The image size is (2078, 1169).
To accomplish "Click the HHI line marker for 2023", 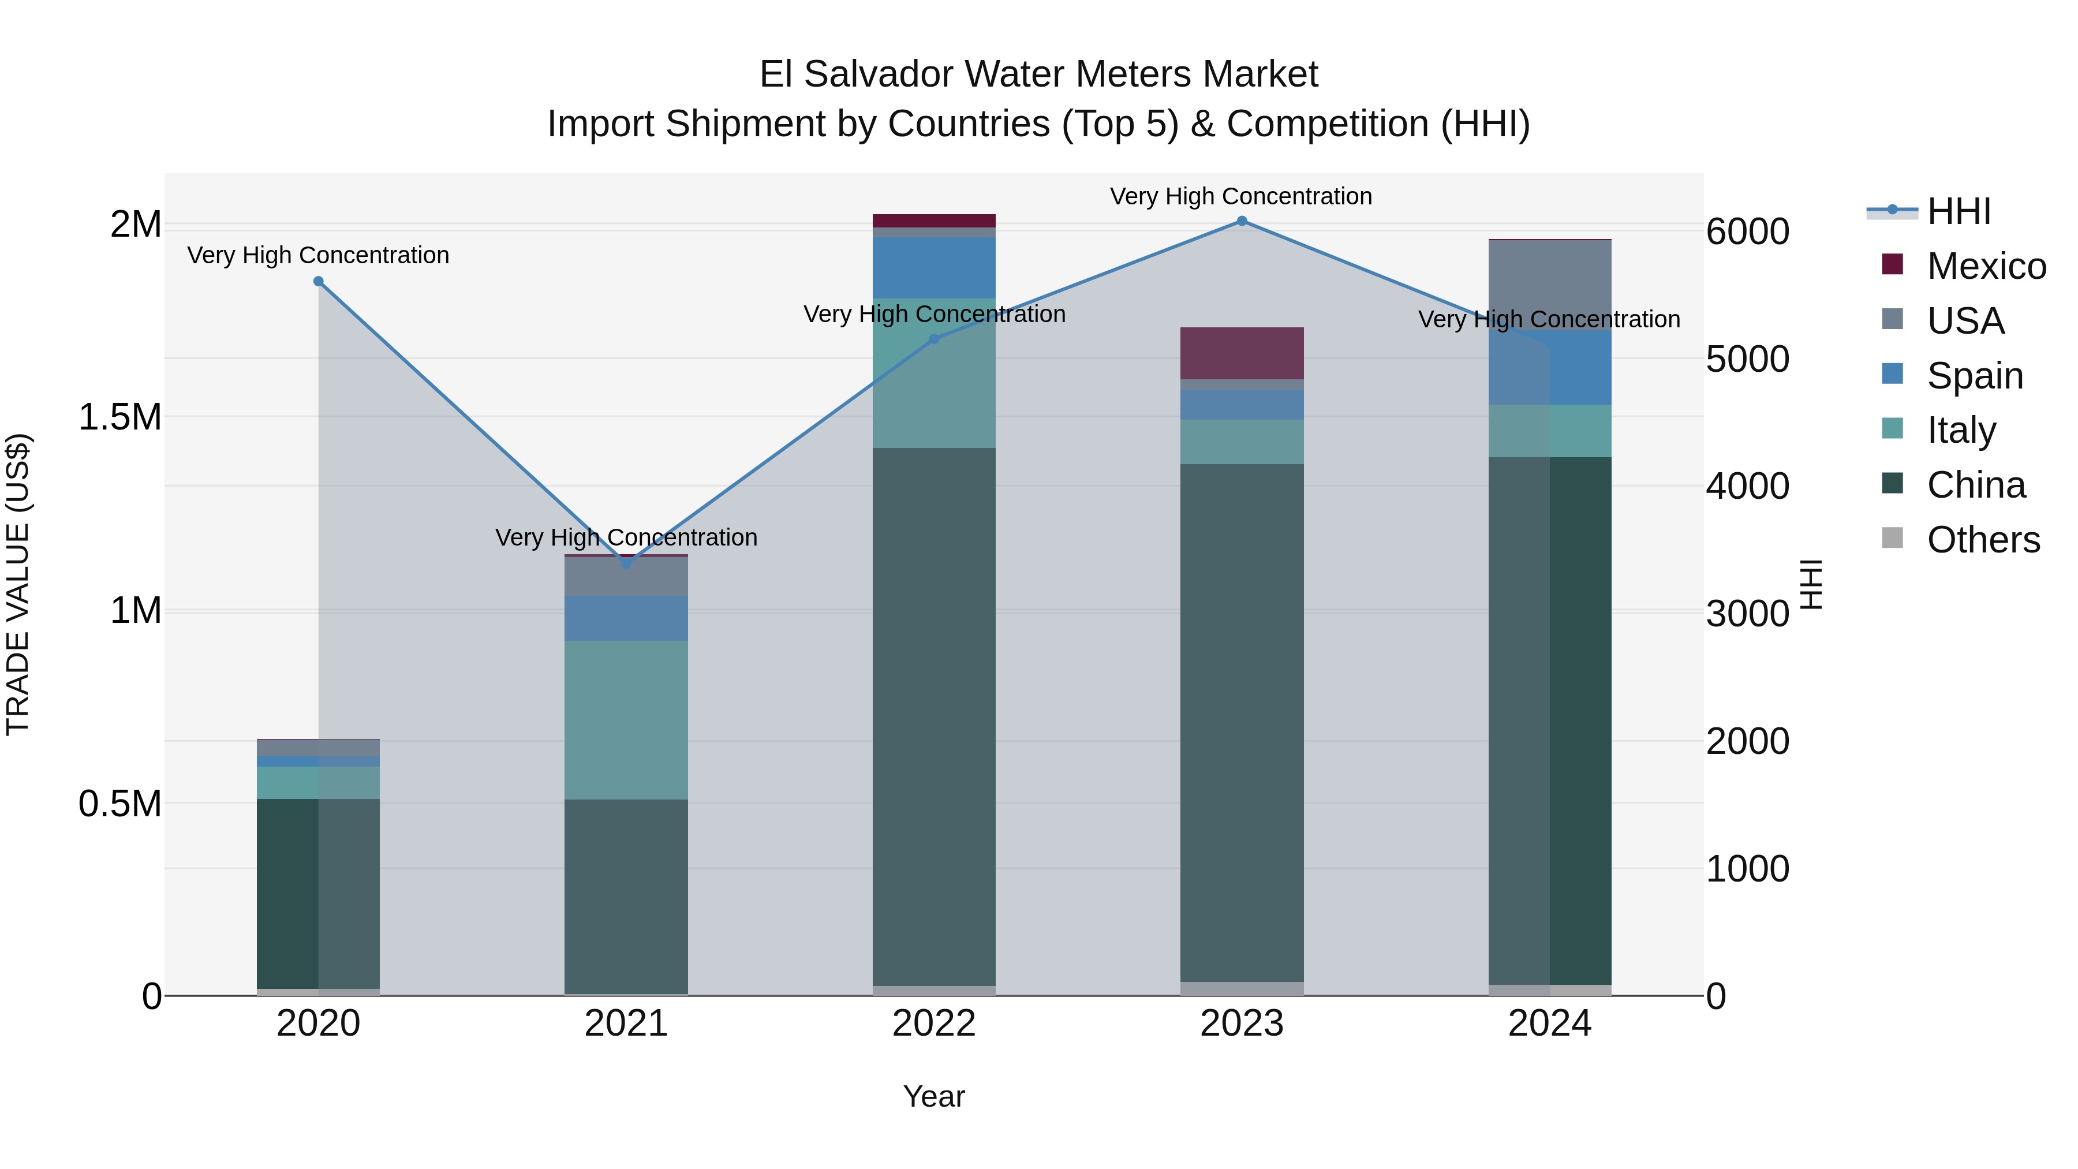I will (x=1242, y=221).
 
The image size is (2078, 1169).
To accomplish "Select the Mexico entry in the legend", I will (x=1985, y=266).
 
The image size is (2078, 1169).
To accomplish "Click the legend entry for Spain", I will (x=1974, y=376).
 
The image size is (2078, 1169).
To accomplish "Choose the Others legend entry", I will (x=1982, y=540).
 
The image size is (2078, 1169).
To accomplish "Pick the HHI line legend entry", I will (x=1958, y=211).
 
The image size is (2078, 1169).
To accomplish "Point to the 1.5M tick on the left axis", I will (x=119, y=417).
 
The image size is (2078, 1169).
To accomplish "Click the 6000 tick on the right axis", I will (x=1747, y=231).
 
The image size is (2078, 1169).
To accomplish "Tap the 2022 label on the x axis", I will (x=934, y=1024).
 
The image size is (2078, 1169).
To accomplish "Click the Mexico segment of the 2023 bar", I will (x=1242, y=353).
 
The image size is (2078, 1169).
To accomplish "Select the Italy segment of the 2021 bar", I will (x=626, y=720).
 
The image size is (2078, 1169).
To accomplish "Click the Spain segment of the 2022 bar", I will (x=934, y=268).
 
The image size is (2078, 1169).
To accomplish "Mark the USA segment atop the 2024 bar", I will (x=1550, y=284).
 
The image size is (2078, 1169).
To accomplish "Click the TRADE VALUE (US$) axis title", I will (x=18, y=584).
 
